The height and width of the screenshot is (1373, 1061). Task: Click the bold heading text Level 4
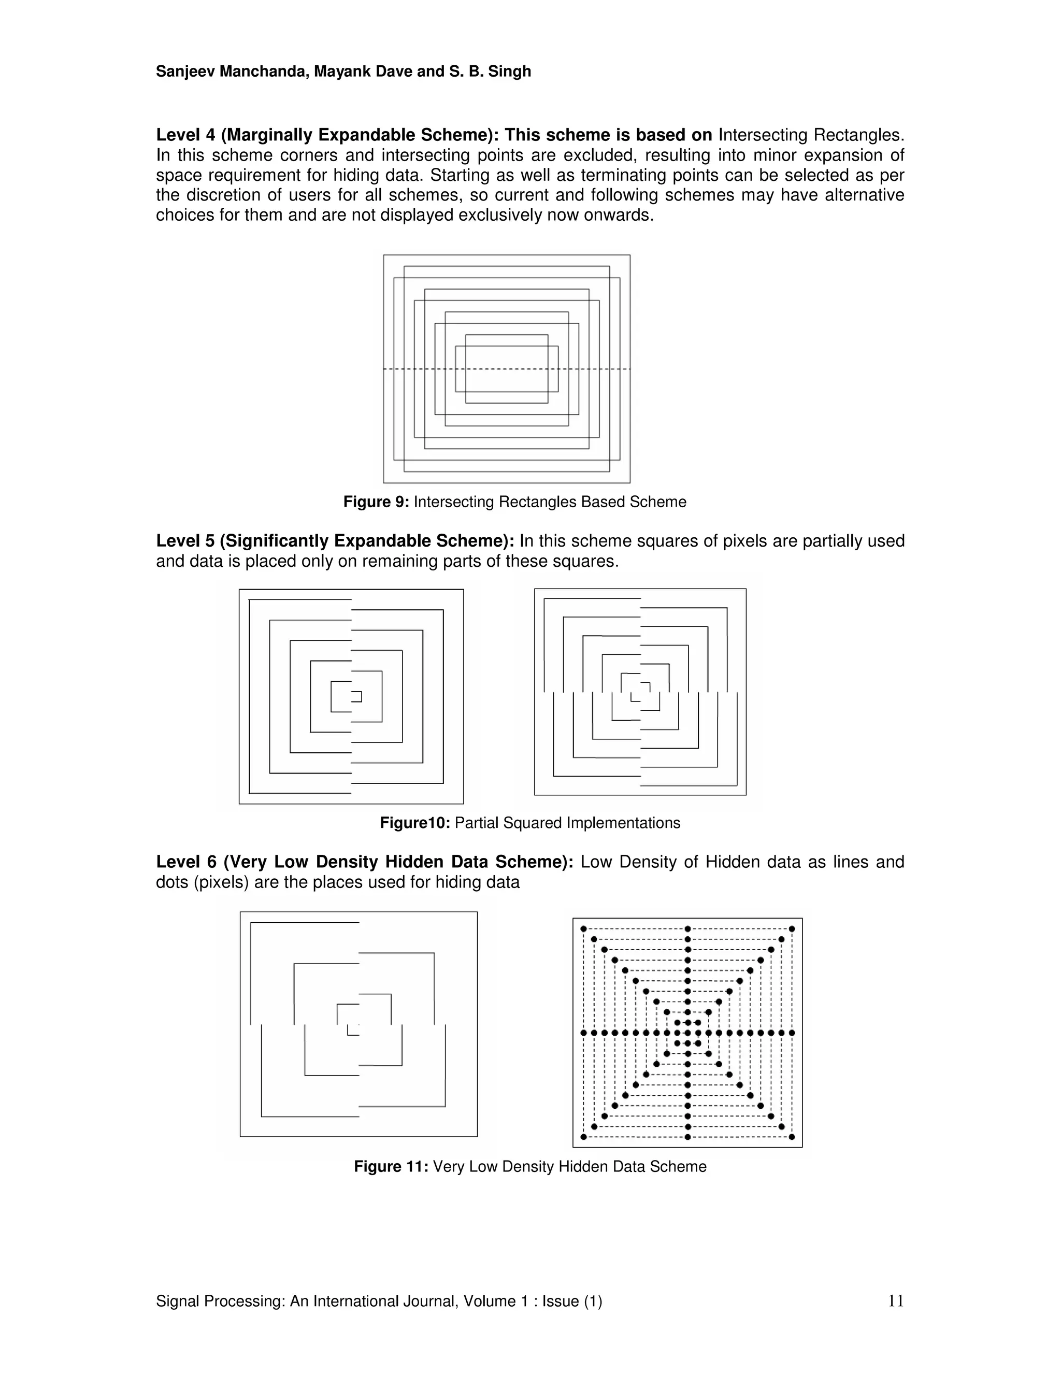click(185, 135)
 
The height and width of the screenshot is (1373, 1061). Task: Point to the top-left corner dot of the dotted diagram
click(583, 928)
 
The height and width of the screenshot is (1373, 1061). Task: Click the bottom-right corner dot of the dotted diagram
click(792, 1137)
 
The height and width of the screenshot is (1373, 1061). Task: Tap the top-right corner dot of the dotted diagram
click(792, 928)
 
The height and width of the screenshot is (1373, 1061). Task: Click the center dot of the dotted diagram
click(687, 1033)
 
